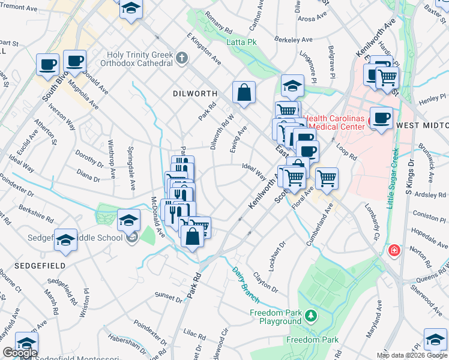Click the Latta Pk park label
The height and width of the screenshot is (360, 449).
point(242,42)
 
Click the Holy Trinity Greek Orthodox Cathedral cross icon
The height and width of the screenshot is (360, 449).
point(182,58)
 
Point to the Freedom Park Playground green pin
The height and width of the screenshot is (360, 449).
point(310,315)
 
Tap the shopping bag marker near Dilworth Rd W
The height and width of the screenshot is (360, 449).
point(244,93)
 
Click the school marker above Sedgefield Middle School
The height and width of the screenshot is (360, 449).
point(129,220)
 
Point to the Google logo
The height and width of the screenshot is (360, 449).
point(20,353)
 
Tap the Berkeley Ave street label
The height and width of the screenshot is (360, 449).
point(294,40)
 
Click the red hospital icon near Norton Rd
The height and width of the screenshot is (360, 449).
point(394,250)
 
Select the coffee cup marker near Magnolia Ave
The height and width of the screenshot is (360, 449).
point(74,61)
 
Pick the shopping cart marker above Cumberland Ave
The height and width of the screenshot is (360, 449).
point(327,178)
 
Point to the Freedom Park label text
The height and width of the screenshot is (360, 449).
point(304,340)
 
